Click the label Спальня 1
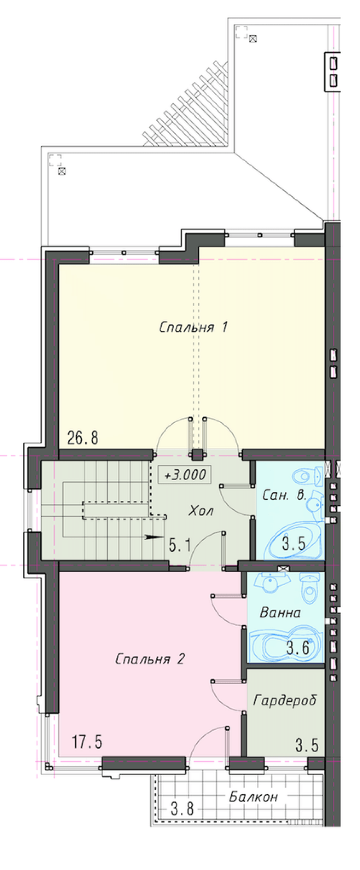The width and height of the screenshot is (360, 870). [x=193, y=327]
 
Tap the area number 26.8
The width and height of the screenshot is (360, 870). [x=83, y=438]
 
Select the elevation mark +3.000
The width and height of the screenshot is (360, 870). [x=185, y=475]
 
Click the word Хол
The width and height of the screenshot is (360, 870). [x=201, y=510]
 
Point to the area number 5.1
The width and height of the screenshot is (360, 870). [x=180, y=545]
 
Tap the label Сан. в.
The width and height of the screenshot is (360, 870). [x=284, y=495]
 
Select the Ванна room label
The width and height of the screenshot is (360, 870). [x=280, y=612]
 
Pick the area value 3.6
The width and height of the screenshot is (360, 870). [x=298, y=648]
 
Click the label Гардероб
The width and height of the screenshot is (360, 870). [x=285, y=700]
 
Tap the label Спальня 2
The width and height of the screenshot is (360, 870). [x=150, y=659]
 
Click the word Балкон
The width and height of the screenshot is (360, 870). [x=253, y=797]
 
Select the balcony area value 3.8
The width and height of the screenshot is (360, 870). [x=182, y=809]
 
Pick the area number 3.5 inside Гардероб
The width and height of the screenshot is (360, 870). [x=307, y=745]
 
